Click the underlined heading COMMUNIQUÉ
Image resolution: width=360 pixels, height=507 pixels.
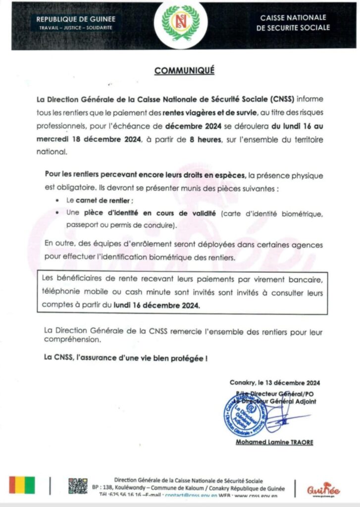(184, 70)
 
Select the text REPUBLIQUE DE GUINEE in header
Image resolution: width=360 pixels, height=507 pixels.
(75, 19)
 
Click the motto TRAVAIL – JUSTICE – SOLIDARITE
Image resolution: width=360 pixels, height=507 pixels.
(75, 28)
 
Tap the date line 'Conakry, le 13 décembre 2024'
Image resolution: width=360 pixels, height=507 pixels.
(274, 383)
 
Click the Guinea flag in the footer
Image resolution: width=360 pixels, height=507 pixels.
(22, 485)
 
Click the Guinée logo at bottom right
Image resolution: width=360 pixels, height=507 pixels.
(323, 489)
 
